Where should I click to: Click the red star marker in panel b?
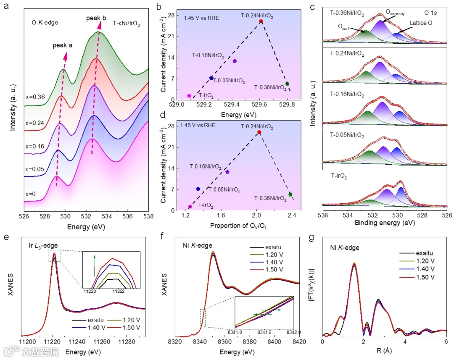coord(261,21)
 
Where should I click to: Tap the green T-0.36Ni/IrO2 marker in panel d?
coord(290,194)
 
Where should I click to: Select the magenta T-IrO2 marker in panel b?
coord(189,96)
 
